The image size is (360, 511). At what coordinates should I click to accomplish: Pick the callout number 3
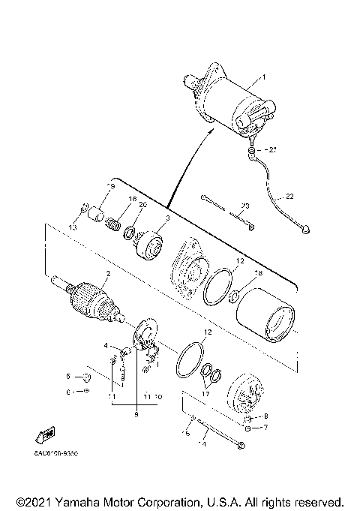point(168,218)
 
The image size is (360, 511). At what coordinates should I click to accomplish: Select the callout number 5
point(67,376)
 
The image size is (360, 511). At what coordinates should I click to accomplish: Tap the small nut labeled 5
point(86,377)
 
